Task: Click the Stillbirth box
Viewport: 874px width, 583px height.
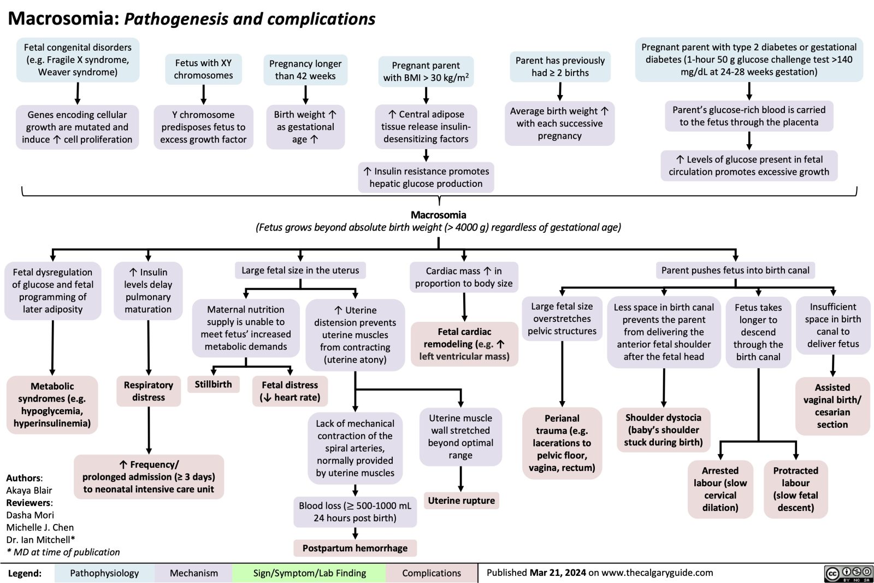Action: (x=213, y=385)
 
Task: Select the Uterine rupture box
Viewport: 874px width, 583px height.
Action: (x=461, y=500)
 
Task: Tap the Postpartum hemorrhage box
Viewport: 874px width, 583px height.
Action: (x=355, y=548)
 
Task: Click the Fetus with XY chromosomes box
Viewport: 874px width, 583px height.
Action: (x=203, y=69)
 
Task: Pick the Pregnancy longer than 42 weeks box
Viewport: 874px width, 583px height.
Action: (x=305, y=70)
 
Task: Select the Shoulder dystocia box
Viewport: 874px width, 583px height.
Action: (x=663, y=429)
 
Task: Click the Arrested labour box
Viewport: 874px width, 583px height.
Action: (x=720, y=489)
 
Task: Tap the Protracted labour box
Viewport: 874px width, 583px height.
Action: (x=795, y=489)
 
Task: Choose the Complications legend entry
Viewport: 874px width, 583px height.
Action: (x=432, y=573)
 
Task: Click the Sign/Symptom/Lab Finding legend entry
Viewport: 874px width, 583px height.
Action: (x=309, y=573)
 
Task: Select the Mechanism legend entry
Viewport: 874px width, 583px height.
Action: (x=193, y=573)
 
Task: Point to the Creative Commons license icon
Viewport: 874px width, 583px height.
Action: (x=848, y=573)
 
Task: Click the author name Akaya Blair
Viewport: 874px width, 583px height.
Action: (x=29, y=490)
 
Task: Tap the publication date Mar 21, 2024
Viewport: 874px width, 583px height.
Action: (x=558, y=573)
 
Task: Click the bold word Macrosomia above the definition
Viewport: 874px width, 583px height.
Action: (x=438, y=215)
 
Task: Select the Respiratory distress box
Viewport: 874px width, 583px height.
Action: (x=148, y=391)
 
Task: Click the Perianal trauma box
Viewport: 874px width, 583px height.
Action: (x=562, y=443)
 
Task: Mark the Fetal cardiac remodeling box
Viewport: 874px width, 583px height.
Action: (x=464, y=344)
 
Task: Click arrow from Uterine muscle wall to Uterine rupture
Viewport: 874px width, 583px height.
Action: (x=461, y=480)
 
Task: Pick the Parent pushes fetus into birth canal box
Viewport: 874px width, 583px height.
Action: (x=735, y=270)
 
